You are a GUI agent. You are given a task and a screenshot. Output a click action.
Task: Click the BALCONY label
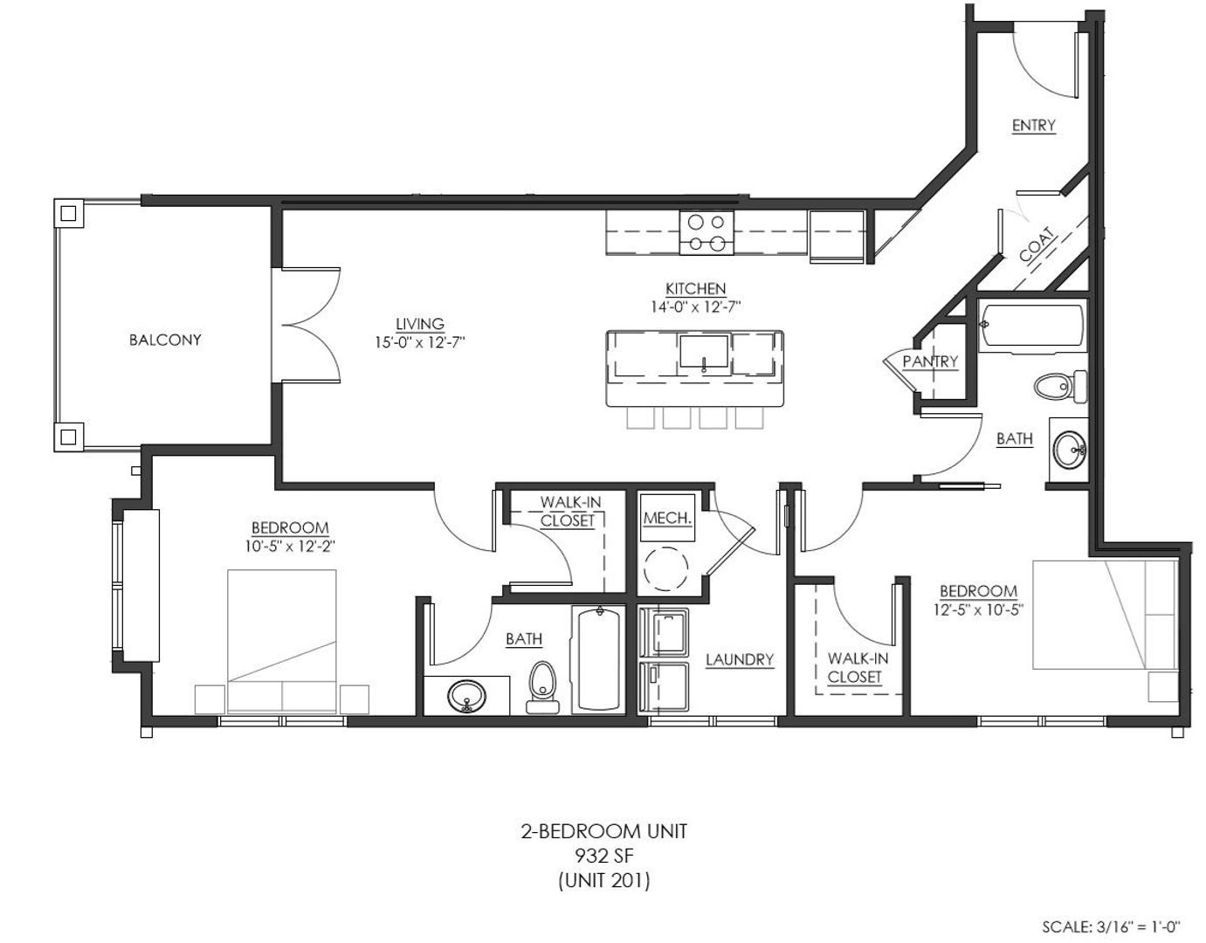click(165, 340)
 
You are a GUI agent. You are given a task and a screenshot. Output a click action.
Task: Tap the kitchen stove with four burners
click(706, 232)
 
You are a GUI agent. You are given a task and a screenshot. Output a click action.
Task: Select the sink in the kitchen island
click(704, 352)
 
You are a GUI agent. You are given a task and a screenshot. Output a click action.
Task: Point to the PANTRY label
click(930, 361)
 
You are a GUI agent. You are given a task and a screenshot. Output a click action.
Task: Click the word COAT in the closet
click(1037, 244)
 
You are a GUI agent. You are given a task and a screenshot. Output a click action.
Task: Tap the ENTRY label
click(1033, 126)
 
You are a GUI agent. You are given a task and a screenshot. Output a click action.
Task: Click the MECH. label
click(668, 518)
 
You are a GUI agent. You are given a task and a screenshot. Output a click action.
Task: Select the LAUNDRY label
click(740, 659)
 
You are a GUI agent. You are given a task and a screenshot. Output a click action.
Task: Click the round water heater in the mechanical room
click(666, 568)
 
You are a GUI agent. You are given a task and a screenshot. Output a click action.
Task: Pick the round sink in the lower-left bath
click(466, 696)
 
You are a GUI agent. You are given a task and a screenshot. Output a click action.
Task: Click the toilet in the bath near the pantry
click(1060, 386)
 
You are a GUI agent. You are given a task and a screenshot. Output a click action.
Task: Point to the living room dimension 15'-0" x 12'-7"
click(419, 342)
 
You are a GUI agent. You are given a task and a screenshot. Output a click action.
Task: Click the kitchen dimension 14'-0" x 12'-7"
click(696, 306)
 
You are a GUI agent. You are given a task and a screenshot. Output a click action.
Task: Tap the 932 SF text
click(603, 856)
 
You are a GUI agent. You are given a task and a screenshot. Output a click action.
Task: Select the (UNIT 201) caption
click(603, 880)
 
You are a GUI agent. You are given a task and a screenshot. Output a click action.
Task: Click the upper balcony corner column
click(68, 213)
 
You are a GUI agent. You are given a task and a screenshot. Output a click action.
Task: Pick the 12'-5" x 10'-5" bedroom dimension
click(978, 610)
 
